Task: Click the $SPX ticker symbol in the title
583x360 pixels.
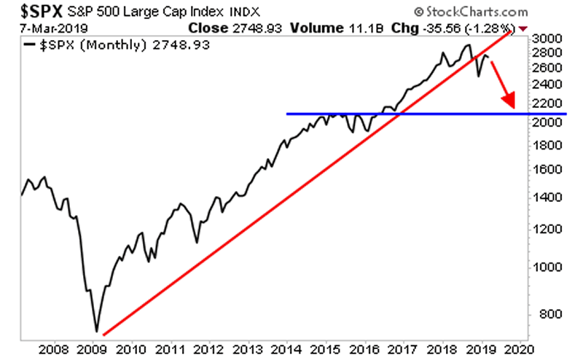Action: click(x=31, y=12)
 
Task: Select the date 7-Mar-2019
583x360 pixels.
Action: click(x=46, y=28)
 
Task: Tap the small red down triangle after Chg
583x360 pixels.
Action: click(x=523, y=28)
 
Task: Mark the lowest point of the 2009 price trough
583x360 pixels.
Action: click(x=96, y=331)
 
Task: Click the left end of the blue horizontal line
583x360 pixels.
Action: click(x=287, y=114)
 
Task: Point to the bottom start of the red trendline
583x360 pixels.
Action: click(x=104, y=334)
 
